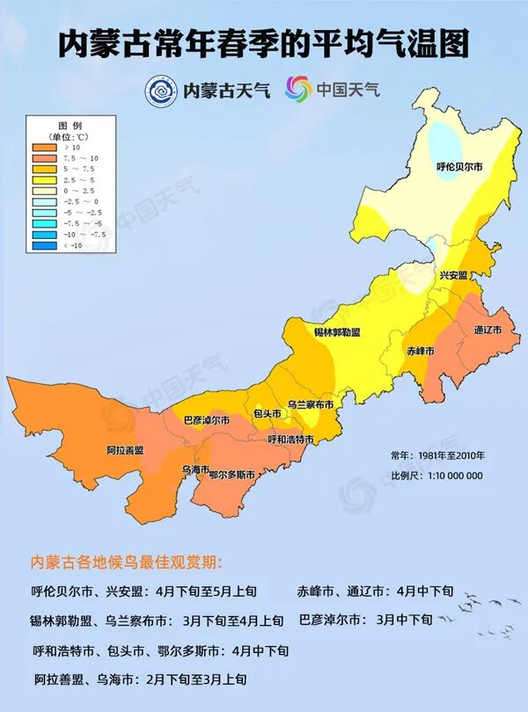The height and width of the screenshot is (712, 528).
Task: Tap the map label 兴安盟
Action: [453, 275]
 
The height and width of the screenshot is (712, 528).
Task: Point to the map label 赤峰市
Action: [421, 351]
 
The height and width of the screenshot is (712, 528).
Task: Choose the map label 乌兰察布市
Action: [311, 404]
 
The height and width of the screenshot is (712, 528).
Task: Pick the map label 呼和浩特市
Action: [291, 439]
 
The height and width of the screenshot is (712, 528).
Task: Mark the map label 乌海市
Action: [194, 469]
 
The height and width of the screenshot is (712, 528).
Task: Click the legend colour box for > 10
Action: [46, 148]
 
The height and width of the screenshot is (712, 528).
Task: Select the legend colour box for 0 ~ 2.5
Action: [46, 191]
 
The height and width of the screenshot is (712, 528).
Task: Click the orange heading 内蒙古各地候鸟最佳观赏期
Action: [128, 562]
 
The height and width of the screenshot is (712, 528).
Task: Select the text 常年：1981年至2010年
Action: [437, 456]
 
